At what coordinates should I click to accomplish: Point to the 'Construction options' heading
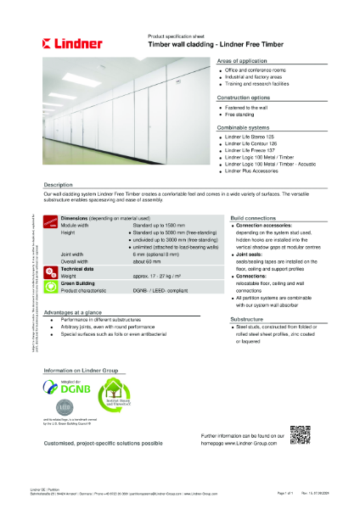pyautogui.click(x=245, y=98)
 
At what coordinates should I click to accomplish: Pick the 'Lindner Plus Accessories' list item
pyautogui.click(x=256, y=171)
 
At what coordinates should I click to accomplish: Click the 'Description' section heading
pyautogui.click(x=63, y=183)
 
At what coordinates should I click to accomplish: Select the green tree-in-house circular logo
pyautogui.click(x=115, y=394)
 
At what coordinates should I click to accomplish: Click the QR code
pyautogui.click(x=301, y=434)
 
